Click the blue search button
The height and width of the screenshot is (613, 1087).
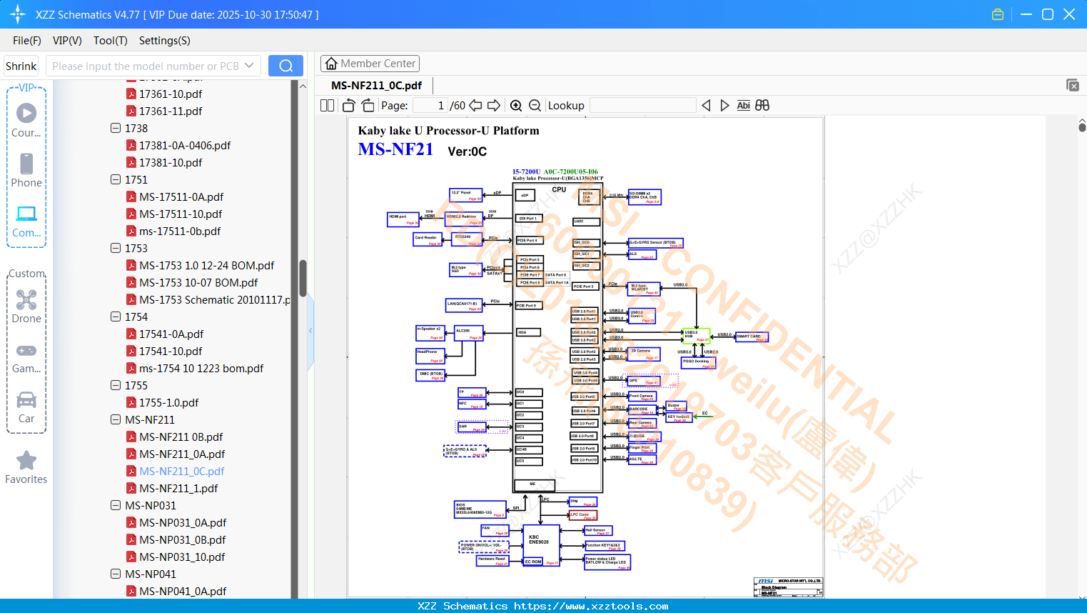tap(285, 66)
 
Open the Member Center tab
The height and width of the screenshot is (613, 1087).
tap(370, 64)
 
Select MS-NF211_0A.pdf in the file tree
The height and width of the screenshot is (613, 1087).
tap(181, 454)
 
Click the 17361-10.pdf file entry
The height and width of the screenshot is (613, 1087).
tap(170, 94)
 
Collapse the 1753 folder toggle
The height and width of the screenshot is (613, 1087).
tap(116, 248)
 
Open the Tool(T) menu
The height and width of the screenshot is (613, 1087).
tap(110, 41)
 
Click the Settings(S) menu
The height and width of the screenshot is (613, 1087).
tap(164, 41)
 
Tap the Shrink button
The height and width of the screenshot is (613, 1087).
tap(21, 66)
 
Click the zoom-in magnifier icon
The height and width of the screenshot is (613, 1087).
tap(516, 106)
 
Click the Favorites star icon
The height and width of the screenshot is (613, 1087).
tap(26, 461)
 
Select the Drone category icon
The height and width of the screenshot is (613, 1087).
tap(26, 300)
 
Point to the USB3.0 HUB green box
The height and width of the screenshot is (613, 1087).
tap(696, 335)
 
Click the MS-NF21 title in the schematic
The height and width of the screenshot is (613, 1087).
tap(395, 149)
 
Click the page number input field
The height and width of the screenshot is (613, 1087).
tap(430, 106)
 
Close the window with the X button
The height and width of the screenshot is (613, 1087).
tap(1069, 14)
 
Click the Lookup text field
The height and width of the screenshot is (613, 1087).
tap(642, 106)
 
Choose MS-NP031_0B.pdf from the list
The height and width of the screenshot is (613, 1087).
tap(182, 539)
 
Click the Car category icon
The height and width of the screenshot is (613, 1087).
tap(26, 400)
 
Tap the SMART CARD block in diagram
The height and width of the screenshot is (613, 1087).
tap(752, 336)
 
